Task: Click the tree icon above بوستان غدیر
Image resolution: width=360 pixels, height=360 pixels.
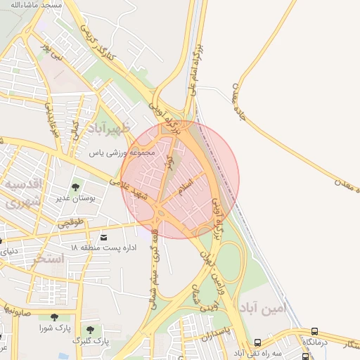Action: [x=75, y=187]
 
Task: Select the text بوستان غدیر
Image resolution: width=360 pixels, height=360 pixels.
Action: [x=76, y=198]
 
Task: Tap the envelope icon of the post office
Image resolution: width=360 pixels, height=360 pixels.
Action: [x=105, y=237]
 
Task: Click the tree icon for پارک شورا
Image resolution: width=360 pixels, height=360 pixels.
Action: [x=53, y=317]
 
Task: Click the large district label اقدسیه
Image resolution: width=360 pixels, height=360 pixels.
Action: [x=25, y=184]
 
